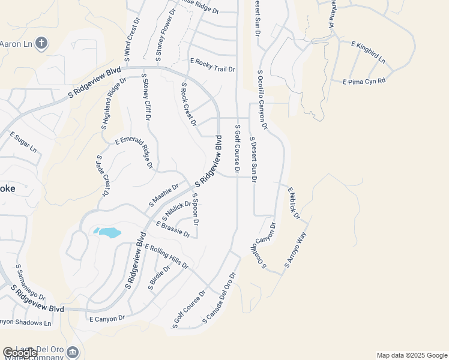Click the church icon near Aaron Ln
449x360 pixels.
pos(41,43)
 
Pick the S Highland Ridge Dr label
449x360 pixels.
pos(114,104)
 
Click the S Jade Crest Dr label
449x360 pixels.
pos(101,176)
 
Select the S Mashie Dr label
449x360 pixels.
pos(163,195)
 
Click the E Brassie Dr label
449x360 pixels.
pos(173,229)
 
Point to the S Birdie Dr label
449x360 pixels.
pos(159,277)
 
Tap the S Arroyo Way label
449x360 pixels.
pos(295,250)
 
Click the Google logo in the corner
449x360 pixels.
pos(20,353)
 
